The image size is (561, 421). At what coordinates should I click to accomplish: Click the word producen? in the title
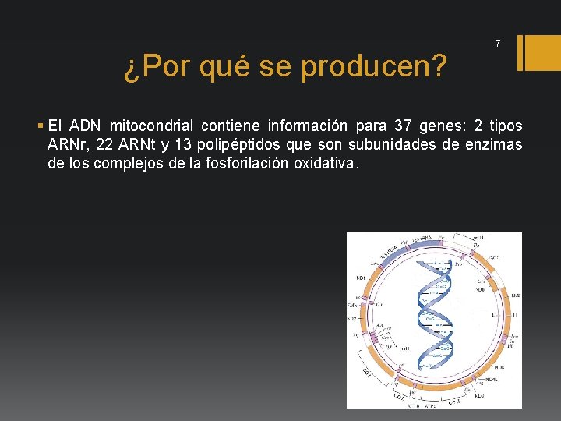373,68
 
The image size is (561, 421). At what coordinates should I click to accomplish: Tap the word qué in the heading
224,68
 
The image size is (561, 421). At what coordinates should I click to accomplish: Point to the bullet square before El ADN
40,126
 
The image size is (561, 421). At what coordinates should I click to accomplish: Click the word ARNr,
68,145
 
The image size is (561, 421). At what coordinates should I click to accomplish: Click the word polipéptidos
245,145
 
